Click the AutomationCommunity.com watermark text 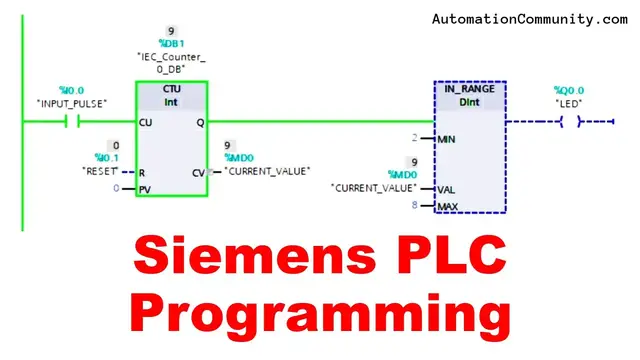(x=530, y=18)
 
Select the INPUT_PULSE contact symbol (x=70, y=123)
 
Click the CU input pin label (x=146, y=123)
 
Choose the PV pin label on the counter (x=145, y=188)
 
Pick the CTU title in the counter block (x=172, y=89)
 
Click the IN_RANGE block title (x=470, y=90)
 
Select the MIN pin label (x=446, y=139)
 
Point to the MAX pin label (x=447, y=206)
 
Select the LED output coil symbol (x=571, y=122)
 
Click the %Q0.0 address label (x=569, y=91)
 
